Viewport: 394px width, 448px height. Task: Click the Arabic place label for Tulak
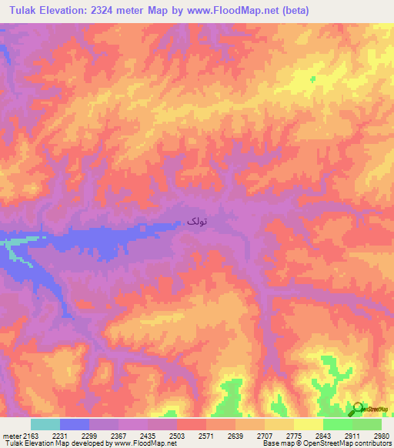coord(197,221)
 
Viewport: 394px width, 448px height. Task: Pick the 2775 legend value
coord(294,436)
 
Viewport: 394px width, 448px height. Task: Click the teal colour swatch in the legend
coord(45,424)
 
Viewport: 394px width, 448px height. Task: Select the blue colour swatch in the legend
coord(74,424)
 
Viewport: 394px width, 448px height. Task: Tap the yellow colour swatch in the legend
coord(308,424)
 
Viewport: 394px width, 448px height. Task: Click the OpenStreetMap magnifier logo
coord(356,409)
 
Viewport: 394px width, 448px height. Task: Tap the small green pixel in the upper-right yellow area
coord(313,79)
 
